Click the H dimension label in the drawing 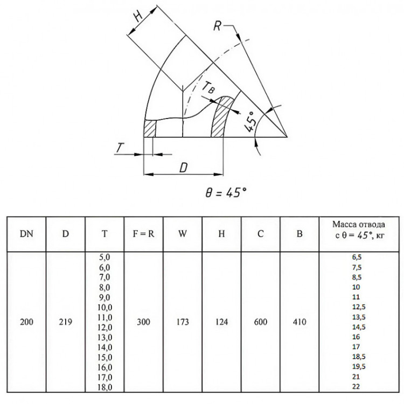(x=138, y=16)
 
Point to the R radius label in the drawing (x=217, y=26)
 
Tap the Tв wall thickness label (x=208, y=88)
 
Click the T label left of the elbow (x=120, y=148)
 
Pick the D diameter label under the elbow (x=183, y=168)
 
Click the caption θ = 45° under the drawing (x=226, y=192)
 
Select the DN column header (x=26, y=234)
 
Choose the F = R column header (x=143, y=234)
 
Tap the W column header (x=183, y=234)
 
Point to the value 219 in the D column (x=65, y=322)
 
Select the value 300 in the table (x=143, y=322)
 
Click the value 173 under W (x=183, y=322)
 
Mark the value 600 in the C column (x=261, y=322)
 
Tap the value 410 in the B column (x=299, y=322)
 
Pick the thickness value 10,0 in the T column (x=105, y=307)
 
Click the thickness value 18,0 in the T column (x=105, y=387)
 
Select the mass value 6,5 (x=357, y=257)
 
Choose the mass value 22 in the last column (x=356, y=386)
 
